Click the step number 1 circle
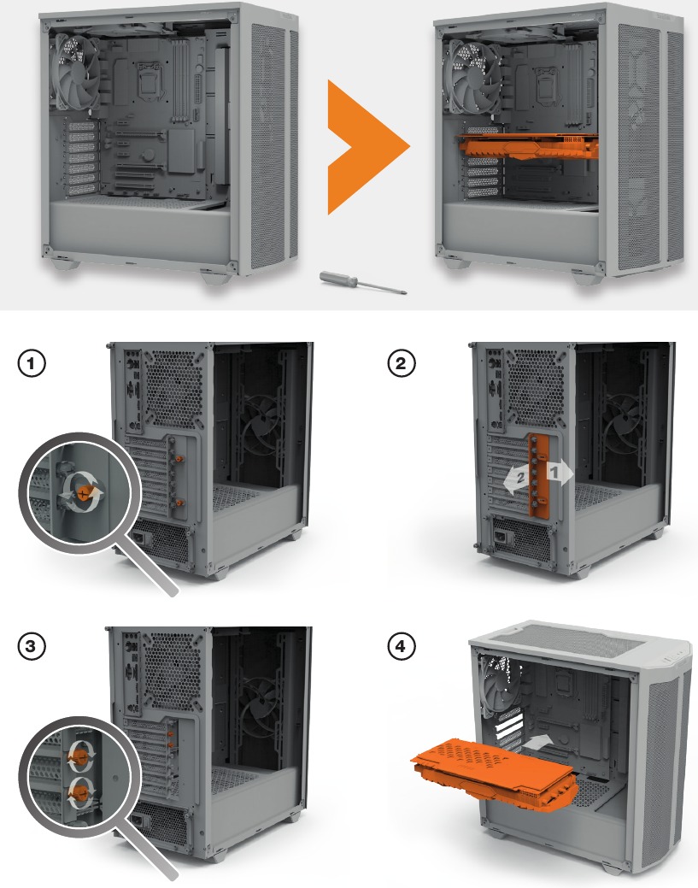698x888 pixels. tap(32, 364)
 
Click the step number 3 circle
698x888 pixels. tap(32, 646)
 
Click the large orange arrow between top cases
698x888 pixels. tap(366, 146)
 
